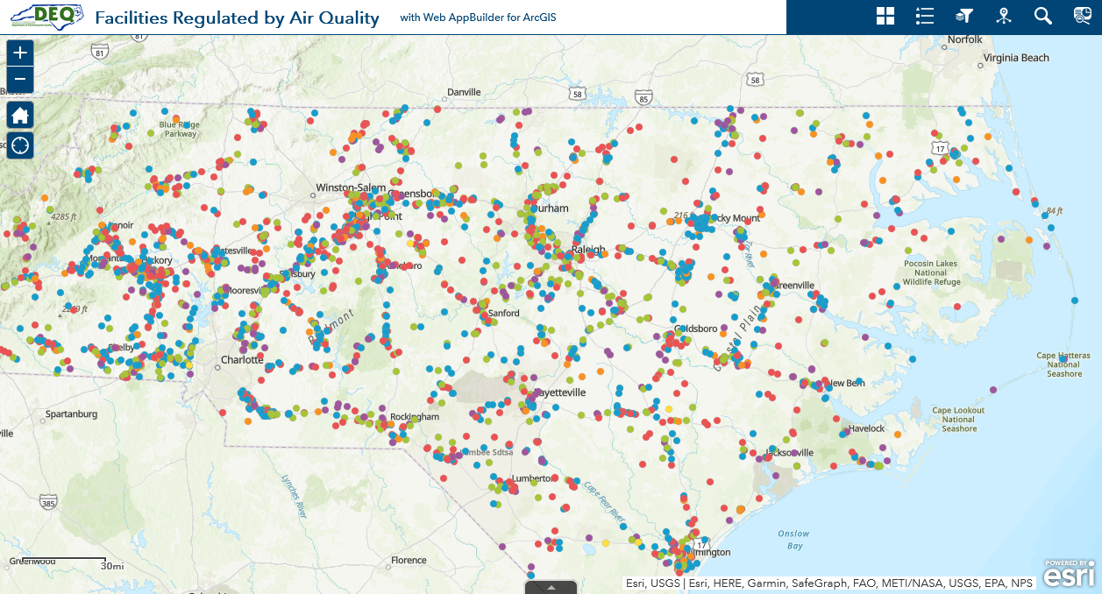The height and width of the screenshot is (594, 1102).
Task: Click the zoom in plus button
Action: pos(20,53)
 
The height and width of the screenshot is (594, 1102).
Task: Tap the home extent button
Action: pos(20,115)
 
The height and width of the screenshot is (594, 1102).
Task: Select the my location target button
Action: pos(20,145)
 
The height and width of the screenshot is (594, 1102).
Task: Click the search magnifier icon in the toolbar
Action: pos(1042,16)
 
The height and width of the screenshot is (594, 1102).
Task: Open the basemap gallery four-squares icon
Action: pos(885,16)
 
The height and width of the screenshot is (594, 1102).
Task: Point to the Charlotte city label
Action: pos(242,360)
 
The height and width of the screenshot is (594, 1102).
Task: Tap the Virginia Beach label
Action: pos(1015,58)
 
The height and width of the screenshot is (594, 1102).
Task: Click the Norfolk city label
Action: pos(965,39)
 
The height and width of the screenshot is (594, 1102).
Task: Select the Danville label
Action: pos(464,92)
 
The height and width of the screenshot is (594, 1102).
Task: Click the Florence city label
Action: pos(409,560)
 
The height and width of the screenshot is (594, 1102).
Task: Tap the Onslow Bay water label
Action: pos(793,539)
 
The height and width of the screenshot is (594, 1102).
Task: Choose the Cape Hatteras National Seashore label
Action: pos(1063,364)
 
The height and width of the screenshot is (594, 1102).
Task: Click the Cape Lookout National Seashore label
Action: pos(959,419)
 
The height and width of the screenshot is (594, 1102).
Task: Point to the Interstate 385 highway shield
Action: pos(48,502)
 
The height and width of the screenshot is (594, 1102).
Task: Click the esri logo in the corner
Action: pos(1069,576)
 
